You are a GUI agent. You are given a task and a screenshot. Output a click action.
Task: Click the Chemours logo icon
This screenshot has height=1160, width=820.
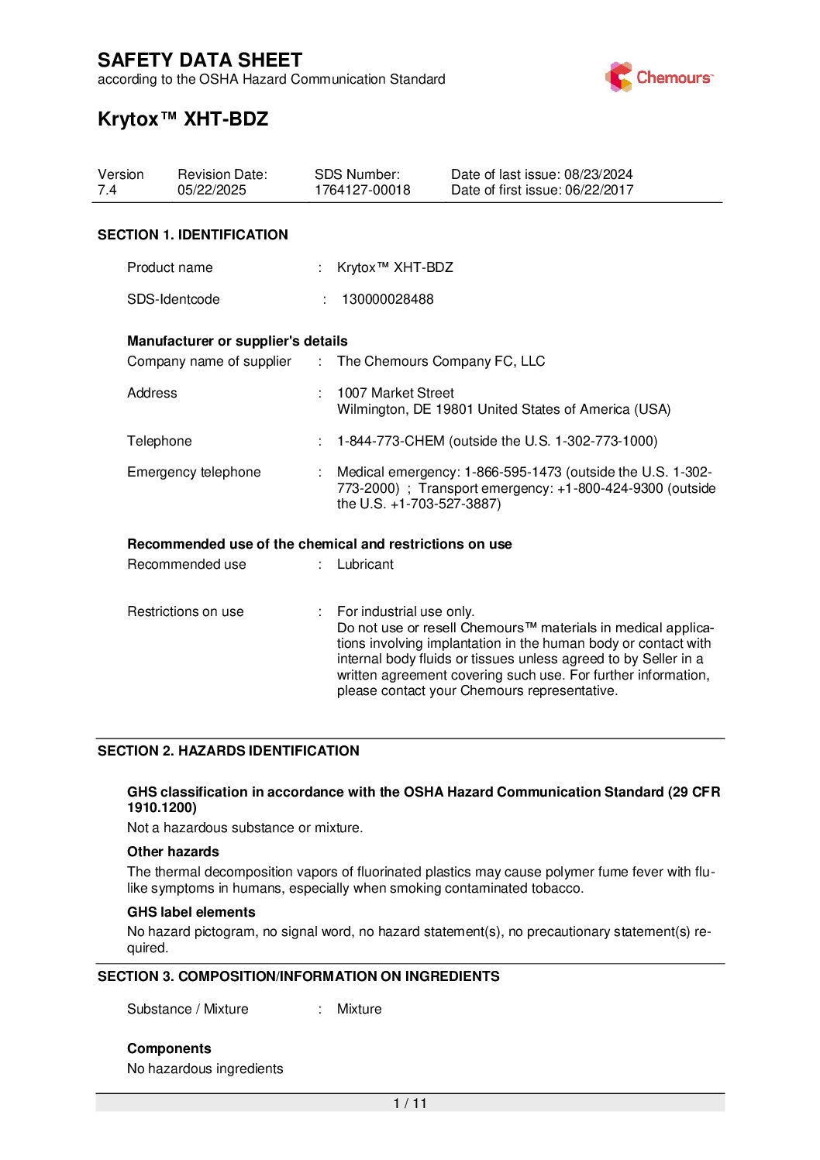(618, 77)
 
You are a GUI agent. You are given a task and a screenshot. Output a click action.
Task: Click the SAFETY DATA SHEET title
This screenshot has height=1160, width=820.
(200, 60)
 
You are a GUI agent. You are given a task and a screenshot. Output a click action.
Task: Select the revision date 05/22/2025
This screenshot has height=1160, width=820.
(212, 191)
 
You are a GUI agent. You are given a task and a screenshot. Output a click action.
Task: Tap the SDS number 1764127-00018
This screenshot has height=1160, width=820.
(362, 191)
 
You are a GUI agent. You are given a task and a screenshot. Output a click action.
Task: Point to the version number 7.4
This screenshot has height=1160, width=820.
(107, 191)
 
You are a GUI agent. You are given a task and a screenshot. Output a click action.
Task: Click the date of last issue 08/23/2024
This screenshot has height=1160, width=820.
(598, 174)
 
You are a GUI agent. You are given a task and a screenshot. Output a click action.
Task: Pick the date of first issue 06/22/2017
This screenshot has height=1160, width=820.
(599, 191)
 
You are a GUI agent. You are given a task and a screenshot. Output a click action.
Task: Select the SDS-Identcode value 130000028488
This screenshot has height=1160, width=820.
(388, 299)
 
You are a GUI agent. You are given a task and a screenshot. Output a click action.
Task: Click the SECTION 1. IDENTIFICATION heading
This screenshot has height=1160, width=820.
(193, 235)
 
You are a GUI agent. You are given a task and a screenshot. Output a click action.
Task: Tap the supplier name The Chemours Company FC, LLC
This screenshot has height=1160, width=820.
(441, 361)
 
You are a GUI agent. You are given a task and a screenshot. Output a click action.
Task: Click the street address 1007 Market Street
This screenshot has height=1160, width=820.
(395, 393)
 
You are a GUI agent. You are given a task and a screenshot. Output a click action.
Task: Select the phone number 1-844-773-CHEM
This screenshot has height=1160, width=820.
(391, 441)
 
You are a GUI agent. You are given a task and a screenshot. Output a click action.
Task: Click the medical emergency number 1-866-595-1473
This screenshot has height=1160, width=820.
(512, 472)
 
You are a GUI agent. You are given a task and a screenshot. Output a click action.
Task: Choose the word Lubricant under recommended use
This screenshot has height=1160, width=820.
(365, 564)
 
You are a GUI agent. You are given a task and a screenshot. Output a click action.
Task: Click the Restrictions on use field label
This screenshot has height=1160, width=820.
(185, 611)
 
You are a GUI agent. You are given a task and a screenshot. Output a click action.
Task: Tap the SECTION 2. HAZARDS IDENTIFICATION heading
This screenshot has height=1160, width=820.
(229, 751)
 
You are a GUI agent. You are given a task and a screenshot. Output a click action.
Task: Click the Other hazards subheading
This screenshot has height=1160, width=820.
(173, 852)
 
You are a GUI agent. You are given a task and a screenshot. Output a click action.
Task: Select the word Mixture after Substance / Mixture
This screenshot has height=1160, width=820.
(359, 1009)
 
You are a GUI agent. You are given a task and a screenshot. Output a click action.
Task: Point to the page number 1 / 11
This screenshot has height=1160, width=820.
(410, 1103)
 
